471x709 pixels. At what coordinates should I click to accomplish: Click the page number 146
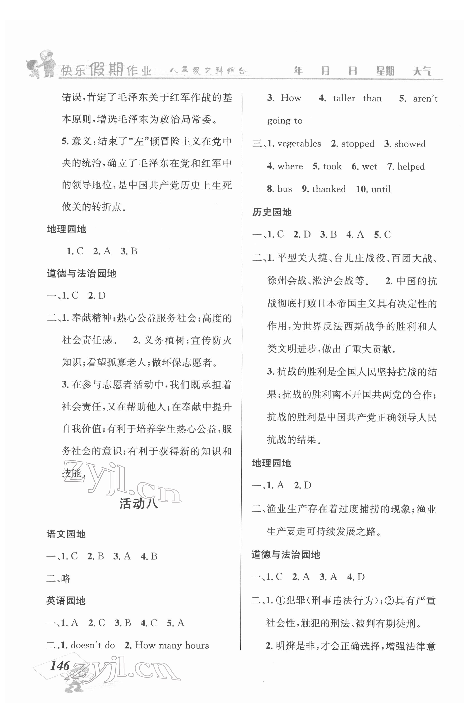coord(60,666)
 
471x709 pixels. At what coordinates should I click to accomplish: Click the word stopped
coord(357,144)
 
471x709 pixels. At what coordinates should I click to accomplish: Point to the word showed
coord(410,144)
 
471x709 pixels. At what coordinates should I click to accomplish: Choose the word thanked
coord(329,189)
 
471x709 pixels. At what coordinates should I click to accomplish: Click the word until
coord(381,189)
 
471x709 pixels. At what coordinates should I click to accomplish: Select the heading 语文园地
coord(66,534)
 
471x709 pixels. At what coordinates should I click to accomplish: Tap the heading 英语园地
coord(66,601)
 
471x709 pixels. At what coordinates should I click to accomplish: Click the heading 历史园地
coord(272,212)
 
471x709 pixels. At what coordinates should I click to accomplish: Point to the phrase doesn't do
coord(93,645)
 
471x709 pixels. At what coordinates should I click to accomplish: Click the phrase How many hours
coord(172,645)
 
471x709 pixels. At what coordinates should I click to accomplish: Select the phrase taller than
coord(357,98)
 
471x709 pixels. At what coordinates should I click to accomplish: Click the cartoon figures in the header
coord(41,64)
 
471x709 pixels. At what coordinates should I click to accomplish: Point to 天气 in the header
coord(422,71)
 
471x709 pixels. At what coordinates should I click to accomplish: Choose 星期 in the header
coord(385,71)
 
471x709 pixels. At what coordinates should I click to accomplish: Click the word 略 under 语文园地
coord(66,578)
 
